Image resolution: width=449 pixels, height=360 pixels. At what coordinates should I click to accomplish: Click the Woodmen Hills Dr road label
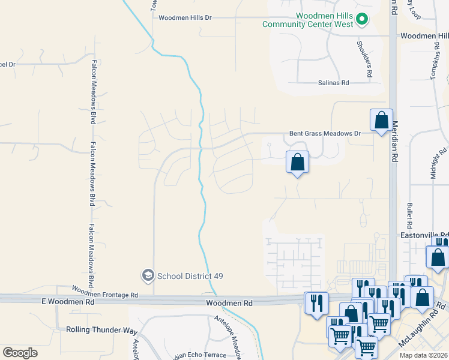coord(185,18)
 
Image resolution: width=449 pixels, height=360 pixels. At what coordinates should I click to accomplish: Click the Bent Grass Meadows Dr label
coord(325,133)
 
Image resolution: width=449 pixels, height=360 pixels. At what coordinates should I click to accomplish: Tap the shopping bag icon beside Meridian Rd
coord(381,121)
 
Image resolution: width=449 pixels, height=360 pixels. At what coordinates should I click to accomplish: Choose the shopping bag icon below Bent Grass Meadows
coord(297,162)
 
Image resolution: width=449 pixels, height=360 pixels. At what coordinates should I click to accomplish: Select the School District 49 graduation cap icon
coord(147,275)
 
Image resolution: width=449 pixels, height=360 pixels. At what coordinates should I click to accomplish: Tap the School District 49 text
coord(190,276)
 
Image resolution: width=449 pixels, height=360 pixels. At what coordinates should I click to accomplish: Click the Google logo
coord(20,352)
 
